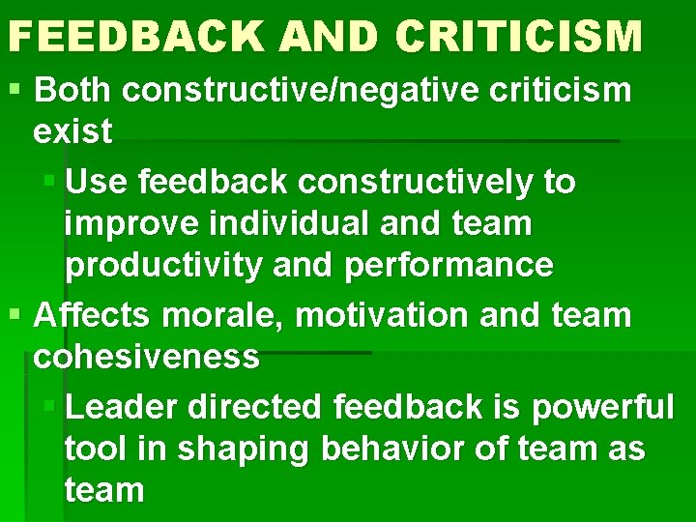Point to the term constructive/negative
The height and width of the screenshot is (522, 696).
311,91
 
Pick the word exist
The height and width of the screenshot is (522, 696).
72,131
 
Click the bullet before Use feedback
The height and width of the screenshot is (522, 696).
53,181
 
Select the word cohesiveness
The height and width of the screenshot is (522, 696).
146,356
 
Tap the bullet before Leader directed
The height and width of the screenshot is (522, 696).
53,407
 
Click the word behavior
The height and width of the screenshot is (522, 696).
386,449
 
